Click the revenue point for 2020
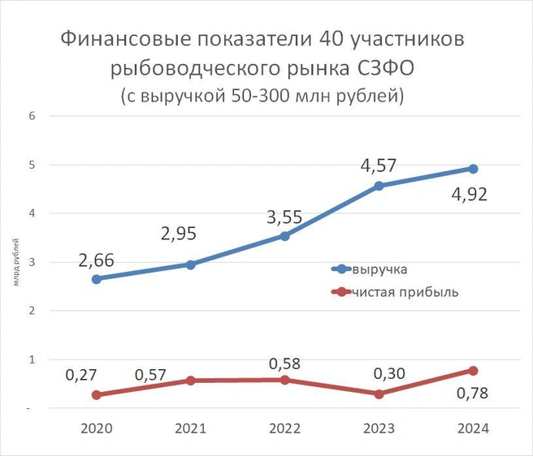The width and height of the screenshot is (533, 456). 97,279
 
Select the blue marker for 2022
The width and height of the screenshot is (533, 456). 284,236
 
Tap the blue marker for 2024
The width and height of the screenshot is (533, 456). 473,169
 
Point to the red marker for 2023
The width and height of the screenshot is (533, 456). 379,394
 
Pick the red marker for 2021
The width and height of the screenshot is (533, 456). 191,381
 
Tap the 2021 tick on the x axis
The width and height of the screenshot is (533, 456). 190,428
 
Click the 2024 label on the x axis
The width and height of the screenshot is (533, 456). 472,428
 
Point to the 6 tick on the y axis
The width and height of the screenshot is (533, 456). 32,116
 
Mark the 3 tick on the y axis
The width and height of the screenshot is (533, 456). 32,262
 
